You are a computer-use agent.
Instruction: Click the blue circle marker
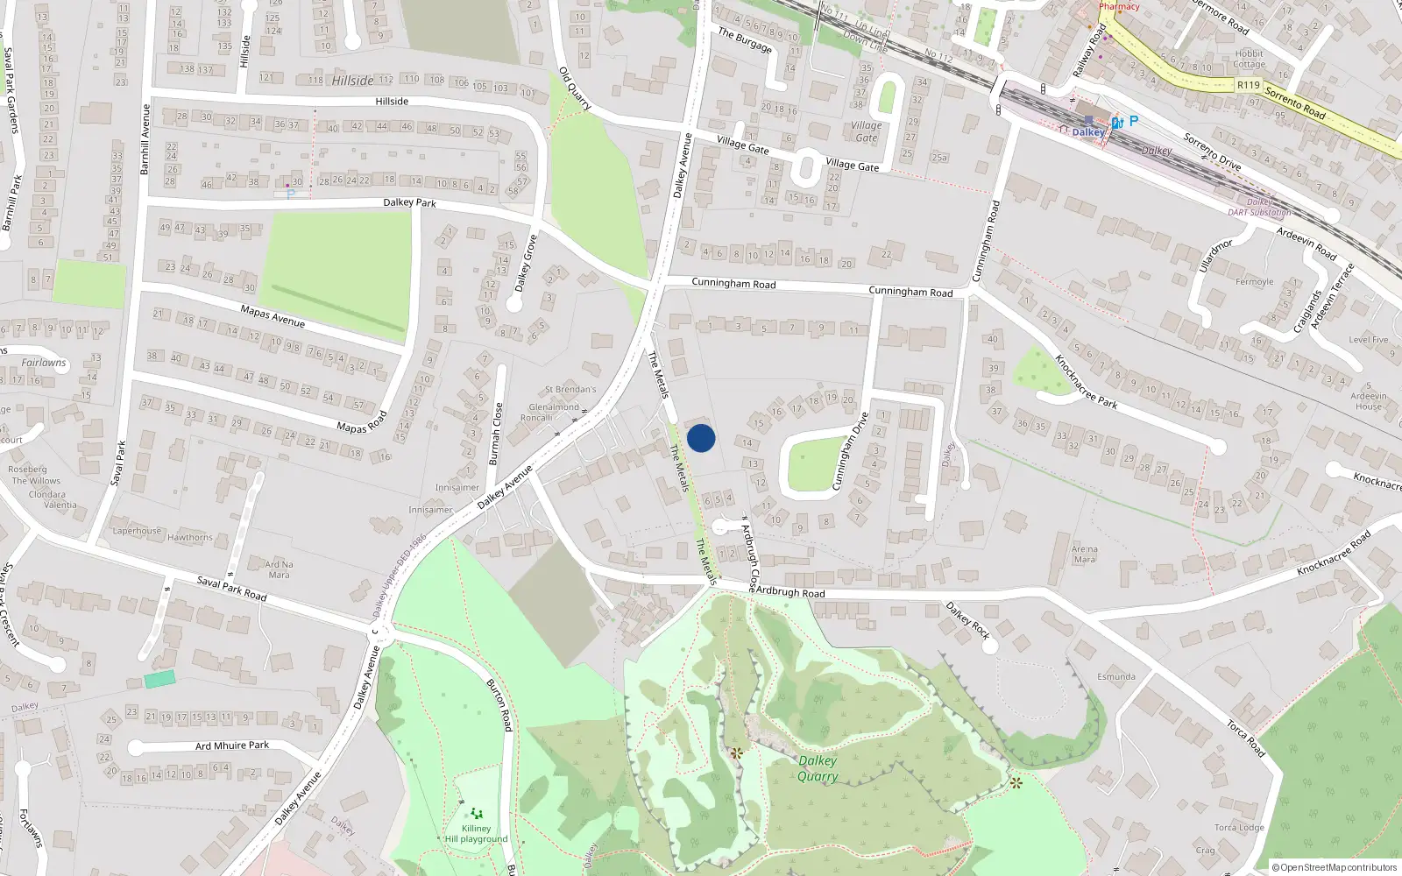(x=701, y=437)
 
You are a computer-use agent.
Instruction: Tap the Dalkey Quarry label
(x=818, y=768)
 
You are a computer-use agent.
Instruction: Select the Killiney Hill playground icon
(x=477, y=814)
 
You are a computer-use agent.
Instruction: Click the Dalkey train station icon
(x=1088, y=120)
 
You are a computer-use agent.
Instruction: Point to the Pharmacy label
(x=1119, y=6)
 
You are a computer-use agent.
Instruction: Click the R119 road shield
(x=1248, y=85)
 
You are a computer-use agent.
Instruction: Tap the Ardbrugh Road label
(x=790, y=592)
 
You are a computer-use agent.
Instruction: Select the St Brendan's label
(x=570, y=389)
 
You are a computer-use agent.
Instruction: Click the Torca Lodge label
(x=1239, y=828)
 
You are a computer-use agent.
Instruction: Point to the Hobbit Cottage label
(x=1249, y=59)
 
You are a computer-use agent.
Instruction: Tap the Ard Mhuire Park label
(x=232, y=745)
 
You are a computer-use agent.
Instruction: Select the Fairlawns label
(x=44, y=362)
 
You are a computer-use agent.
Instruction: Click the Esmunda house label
(x=1115, y=676)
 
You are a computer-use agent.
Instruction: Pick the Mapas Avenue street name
(x=273, y=315)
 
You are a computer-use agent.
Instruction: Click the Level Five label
(x=1368, y=340)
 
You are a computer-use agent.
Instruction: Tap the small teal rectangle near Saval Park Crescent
(x=159, y=679)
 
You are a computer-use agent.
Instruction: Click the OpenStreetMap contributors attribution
(x=1335, y=867)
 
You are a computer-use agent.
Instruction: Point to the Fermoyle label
(x=1254, y=282)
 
